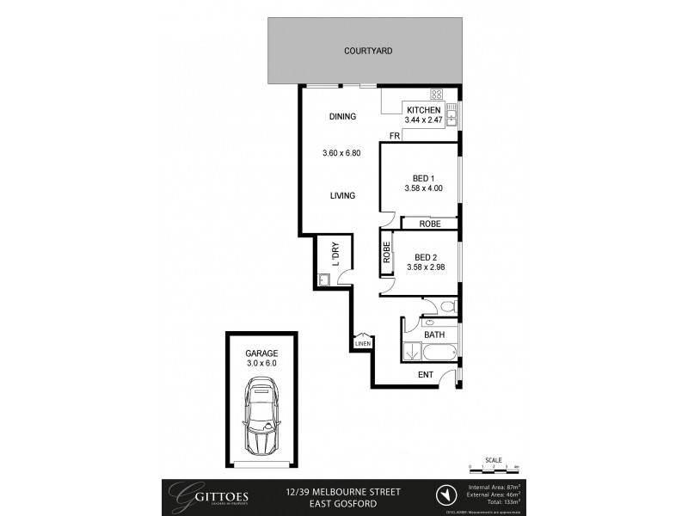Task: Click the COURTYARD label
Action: pyautogui.click(x=368, y=51)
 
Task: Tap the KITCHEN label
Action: pyautogui.click(x=424, y=110)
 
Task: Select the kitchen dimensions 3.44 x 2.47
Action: pyautogui.click(x=424, y=121)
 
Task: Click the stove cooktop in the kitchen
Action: pyautogui.click(x=436, y=95)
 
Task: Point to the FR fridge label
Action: pyautogui.click(x=394, y=137)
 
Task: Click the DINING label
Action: pyautogui.click(x=343, y=117)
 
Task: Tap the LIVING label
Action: pyautogui.click(x=343, y=196)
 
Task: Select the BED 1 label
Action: pyautogui.click(x=423, y=179)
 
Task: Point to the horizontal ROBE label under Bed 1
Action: pyautogui.click(x=430, y=224)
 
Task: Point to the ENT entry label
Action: pyautogui.click(x=425, y=374)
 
